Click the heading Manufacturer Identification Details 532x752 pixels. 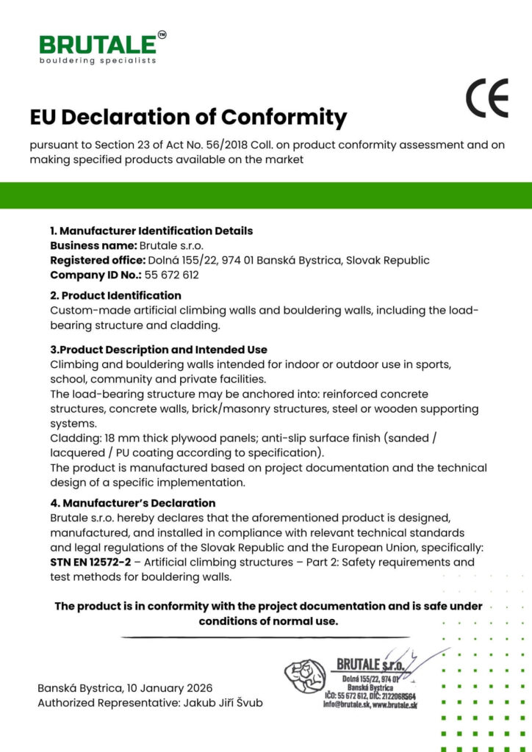click(x=157, y=231)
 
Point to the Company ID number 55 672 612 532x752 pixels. click(x=171, y=275)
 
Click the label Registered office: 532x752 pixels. click(x=97, y=260)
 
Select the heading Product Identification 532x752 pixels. click(x=121, y=295)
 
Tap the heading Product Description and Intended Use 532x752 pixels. click(x=158, y=350)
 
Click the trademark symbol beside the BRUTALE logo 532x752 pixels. click(x=162, y=34)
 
